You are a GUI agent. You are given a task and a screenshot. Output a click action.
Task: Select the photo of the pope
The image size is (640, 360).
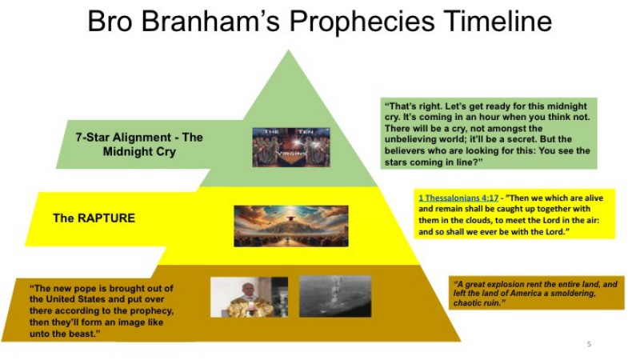[249, 297]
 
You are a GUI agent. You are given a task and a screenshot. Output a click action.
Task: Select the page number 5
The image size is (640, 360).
[590, 344]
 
